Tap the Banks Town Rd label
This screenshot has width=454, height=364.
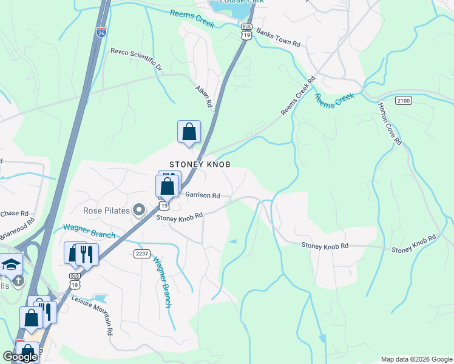279,37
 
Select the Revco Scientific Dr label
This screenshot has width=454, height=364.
137,59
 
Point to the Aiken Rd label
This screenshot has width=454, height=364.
203,96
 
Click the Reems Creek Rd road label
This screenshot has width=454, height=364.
299,96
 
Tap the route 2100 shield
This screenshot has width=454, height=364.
403,99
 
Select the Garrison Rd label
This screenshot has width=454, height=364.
202,195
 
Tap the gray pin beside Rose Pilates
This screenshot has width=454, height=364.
139,211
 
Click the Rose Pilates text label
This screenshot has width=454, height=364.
107,211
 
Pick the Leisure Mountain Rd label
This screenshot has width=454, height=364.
93,315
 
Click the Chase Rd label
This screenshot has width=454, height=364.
14,213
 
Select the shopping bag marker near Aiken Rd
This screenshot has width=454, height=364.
189,132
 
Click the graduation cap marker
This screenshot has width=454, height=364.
11,265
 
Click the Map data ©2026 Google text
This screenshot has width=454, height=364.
416,359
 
